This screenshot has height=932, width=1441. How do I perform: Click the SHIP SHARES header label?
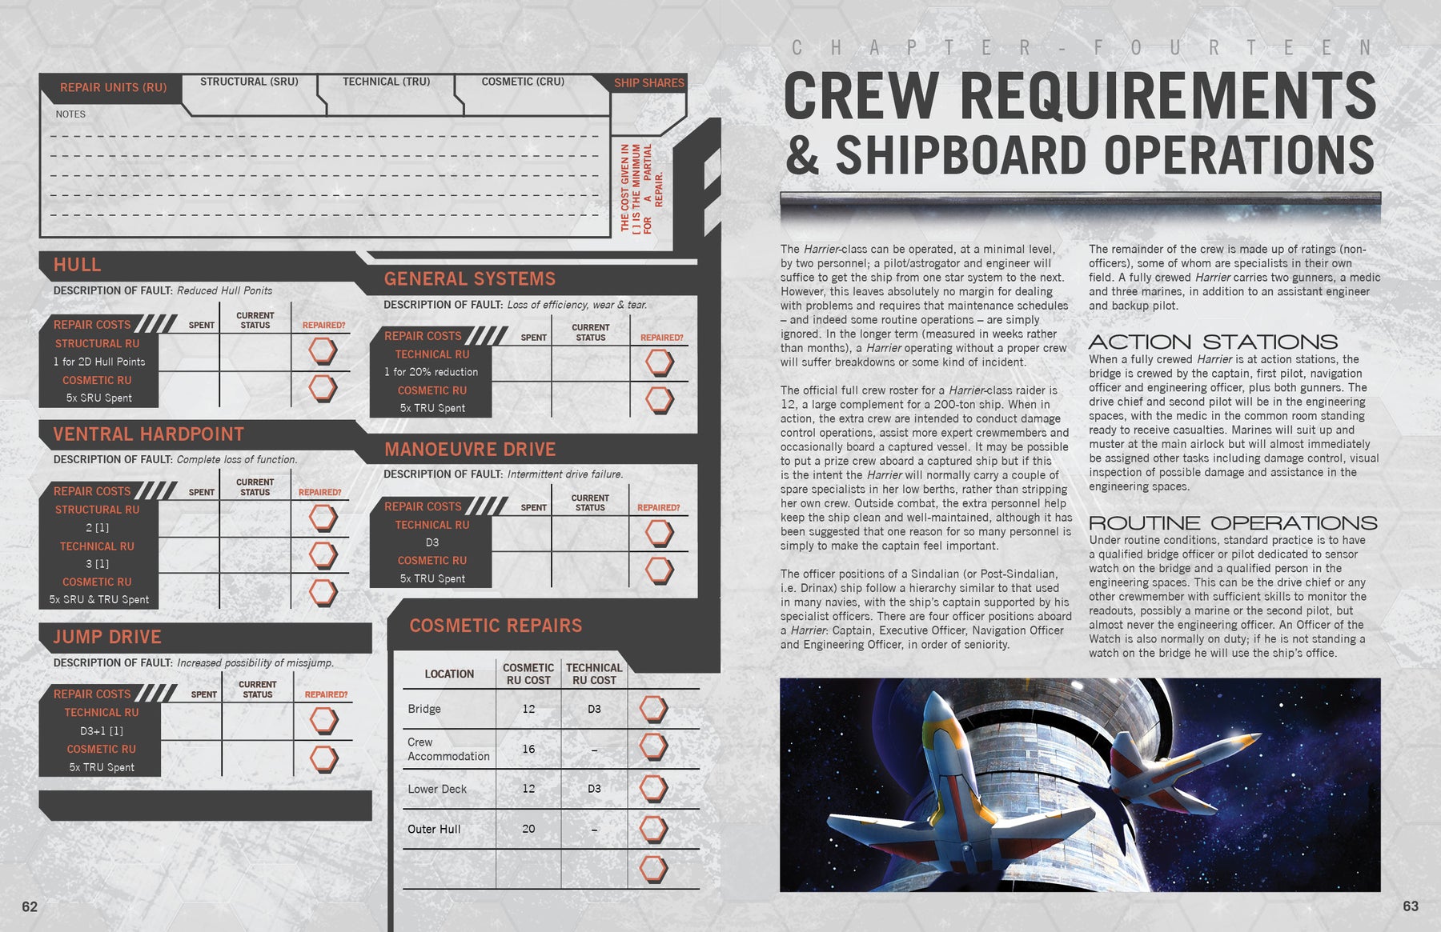[x=648, y=83]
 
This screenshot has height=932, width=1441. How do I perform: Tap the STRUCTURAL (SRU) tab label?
[x=249, y=82]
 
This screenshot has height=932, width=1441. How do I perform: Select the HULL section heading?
[x=77, y=265]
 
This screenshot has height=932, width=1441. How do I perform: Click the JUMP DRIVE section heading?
[x=107, y=637]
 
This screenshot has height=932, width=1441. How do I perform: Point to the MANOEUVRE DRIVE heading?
[x=469, y=450]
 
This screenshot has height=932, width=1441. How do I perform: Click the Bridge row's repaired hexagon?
[x=653, y=709]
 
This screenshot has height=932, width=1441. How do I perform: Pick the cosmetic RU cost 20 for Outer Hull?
[x=528, y=829]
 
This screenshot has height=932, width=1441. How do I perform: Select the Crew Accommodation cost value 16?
[x=528, y=749]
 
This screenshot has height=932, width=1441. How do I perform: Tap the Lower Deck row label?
[x=437, y=789]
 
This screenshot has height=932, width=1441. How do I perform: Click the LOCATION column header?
[x=449, y=674]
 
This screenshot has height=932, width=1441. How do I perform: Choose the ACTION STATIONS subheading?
[x=1213, y=342]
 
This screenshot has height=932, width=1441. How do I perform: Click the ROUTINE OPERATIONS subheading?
[x=1233, y=523]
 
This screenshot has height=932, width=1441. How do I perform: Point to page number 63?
[x=1411, y=906]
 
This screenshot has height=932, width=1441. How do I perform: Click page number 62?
[x=30, y=906]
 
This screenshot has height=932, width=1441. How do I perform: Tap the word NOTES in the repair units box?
[x=70, y=114]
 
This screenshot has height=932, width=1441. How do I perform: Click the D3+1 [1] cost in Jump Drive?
[x=102, y=731]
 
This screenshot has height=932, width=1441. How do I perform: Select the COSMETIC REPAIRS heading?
[x=496, y=626]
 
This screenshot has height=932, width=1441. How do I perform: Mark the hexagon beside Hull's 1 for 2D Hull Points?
[x=323, y=351]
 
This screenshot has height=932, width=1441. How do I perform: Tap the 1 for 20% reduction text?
[x=431, y=372]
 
